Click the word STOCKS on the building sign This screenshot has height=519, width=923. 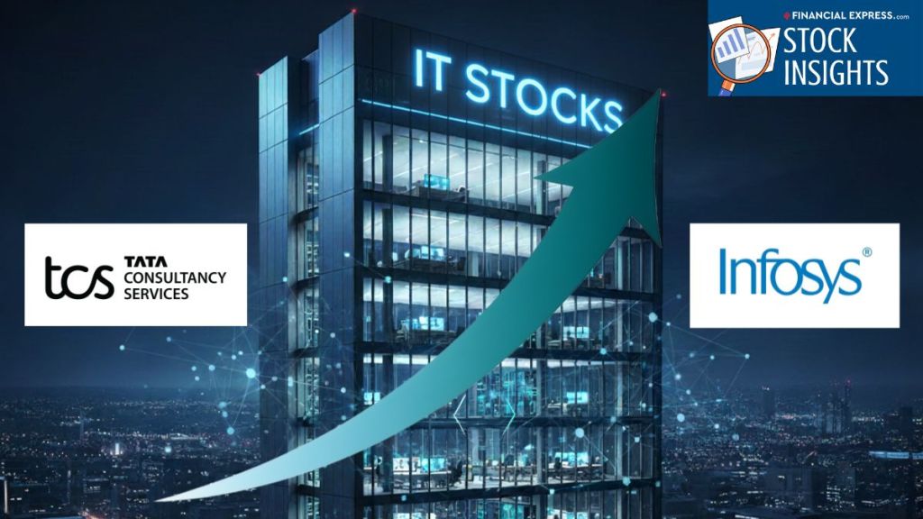coord(543,96)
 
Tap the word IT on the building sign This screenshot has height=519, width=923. coord(428,69)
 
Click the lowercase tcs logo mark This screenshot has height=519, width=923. coord(79,278)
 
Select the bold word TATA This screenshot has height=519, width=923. coord(145,262)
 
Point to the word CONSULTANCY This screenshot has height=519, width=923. coord(175,278)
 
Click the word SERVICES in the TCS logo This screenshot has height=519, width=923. coord(156,294)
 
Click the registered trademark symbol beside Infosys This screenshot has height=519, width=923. coord(866,252)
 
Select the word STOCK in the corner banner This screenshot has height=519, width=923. coord(818,41)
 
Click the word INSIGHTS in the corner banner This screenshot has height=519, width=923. coord(836,72)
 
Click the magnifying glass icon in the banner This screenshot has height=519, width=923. coord(740,54)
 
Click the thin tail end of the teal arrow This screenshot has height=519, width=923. coord(158,500)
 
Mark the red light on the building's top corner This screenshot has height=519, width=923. coord(353,11)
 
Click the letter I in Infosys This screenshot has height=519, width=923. coord(723,271)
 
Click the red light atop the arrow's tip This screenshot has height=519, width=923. coord(663,94)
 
